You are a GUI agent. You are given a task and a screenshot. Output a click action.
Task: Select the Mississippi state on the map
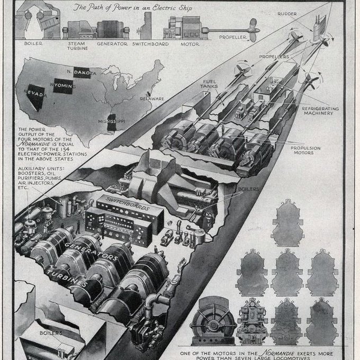pyautogui.click(x=113, y=123)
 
